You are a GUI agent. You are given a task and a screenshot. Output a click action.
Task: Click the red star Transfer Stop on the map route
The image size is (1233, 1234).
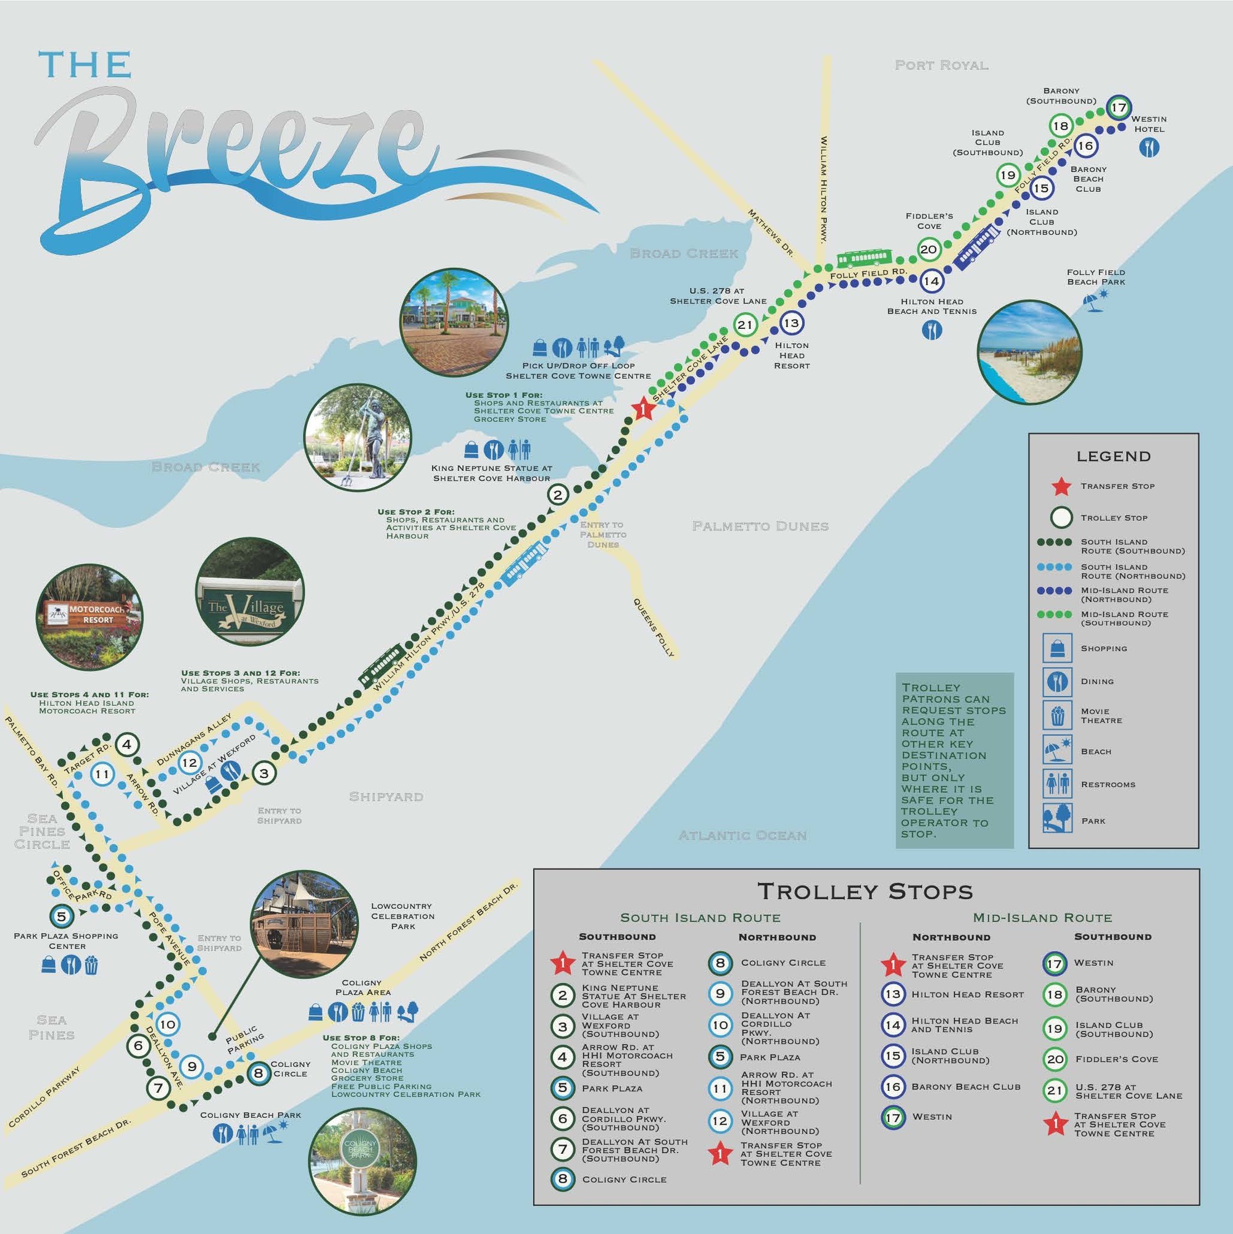(x=643, y=409)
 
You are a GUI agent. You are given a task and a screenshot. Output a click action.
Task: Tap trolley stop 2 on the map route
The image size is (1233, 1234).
(x=558, y=494)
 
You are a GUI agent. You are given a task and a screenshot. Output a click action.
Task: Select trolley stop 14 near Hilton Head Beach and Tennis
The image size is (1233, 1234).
(x=931, y=280)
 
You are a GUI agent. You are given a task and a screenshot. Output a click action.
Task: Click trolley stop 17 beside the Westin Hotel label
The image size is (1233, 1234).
(x=1118, y=107)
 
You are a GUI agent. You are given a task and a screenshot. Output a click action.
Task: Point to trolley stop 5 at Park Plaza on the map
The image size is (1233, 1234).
(x=61, y=916)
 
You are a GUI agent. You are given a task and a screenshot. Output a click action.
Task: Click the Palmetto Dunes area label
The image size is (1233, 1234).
(x=760, y=526)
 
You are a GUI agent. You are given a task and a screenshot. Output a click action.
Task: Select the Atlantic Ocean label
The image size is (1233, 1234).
(x=742, y=835)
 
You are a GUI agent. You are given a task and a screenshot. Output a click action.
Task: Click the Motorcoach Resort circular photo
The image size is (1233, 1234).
(x=89, y=616)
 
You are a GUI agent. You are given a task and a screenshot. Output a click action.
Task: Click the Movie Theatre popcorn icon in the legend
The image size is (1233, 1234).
(x=1057, y=715)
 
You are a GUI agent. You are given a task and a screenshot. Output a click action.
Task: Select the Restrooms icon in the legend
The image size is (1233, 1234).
(x=1057, y=784)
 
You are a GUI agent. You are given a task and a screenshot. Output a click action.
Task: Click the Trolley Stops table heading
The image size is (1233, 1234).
(x=865, y=891)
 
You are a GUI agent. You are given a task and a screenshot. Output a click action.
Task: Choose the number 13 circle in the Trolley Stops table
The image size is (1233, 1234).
(x=892, y=995)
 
